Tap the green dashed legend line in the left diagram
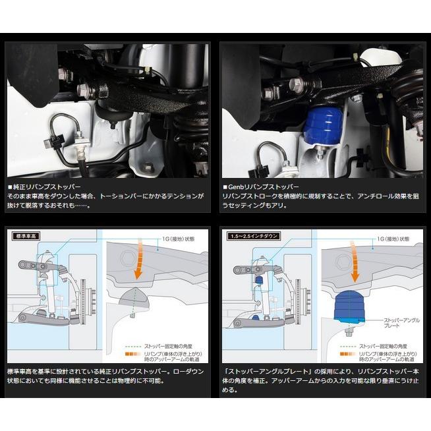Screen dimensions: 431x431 (x=132, y=344)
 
